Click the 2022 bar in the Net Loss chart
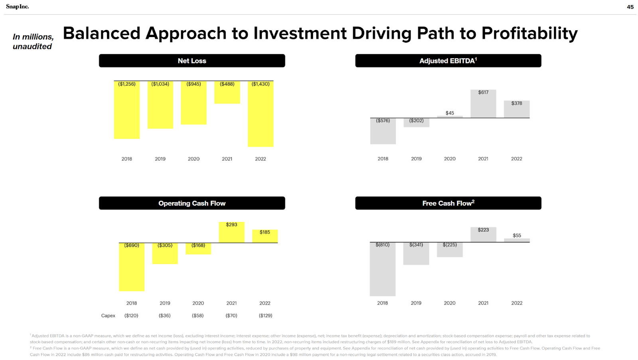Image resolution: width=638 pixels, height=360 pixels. (x=260, y=116)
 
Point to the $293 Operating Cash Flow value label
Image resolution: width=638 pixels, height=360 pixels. (x=231, y=225)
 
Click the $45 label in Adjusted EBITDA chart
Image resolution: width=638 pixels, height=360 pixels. (x=450, y=113)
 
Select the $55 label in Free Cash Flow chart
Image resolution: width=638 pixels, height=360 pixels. (x=517, y=236)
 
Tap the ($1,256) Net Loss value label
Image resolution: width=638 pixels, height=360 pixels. (x=127, y=84)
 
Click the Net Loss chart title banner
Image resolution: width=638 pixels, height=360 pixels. (x=192, y=61)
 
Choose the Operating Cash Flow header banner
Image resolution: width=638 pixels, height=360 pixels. (x=192, y=203)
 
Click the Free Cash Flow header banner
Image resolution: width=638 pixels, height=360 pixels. (x=448, y=203)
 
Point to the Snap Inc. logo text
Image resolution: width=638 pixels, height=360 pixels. (x=18, y=7)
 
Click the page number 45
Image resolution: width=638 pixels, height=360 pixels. (x=630, y=7)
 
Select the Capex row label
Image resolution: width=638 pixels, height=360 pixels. (x=108, y=316)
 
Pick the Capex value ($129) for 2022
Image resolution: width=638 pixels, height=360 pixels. (x=266, y=316)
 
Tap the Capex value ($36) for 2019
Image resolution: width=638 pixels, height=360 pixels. (x=165, y=316)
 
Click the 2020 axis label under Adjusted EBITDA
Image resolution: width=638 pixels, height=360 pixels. (x=450, y=159)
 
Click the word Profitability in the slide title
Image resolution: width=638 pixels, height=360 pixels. (x=530, y=33)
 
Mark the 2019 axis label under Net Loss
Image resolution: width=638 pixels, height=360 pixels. (x=160, y=159)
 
